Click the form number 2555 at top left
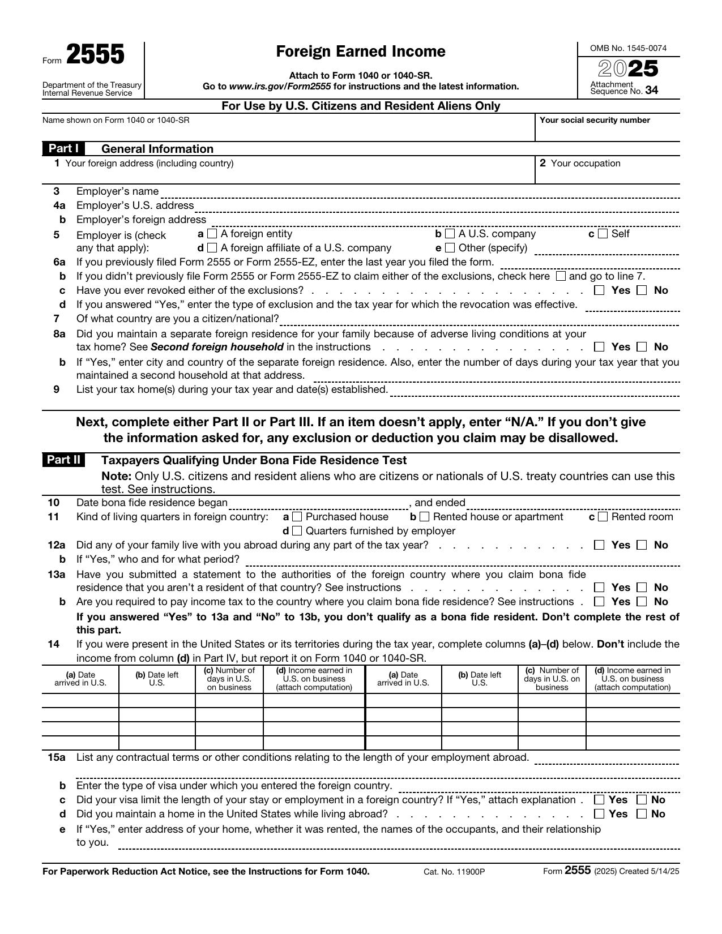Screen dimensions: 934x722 (95, 55)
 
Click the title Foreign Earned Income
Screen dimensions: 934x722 (361, 52)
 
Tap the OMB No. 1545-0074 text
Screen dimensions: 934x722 (628, 48)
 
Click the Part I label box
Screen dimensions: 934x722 (63, 149)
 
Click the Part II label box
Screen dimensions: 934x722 (63, 460)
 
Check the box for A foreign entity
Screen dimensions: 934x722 (212, 234)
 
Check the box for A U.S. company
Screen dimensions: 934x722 (450, 234)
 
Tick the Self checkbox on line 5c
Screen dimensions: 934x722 (603, 234)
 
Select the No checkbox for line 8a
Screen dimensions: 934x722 (642, 347)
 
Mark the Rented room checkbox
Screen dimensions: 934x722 (603, 517)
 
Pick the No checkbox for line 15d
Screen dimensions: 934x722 (642, 814)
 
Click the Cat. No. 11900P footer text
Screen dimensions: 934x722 (454, 872)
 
